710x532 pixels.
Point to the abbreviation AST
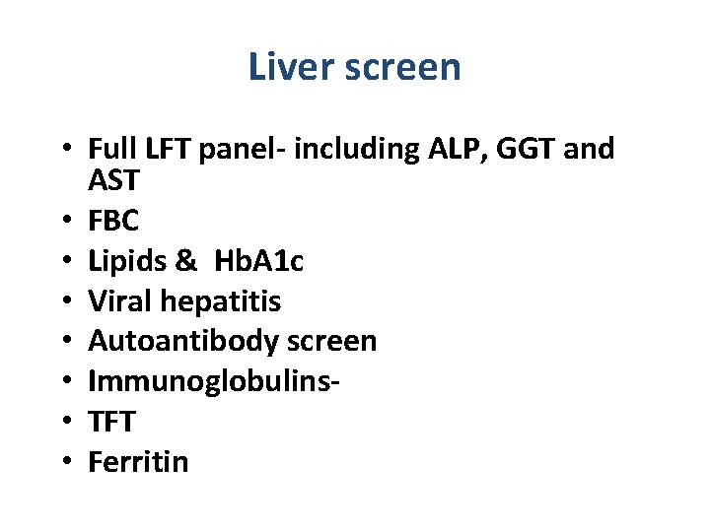click(114, 181)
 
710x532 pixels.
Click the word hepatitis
click(224, 300)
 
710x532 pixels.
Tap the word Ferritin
click(138, 461)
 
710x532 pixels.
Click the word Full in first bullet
click(109, 149)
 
